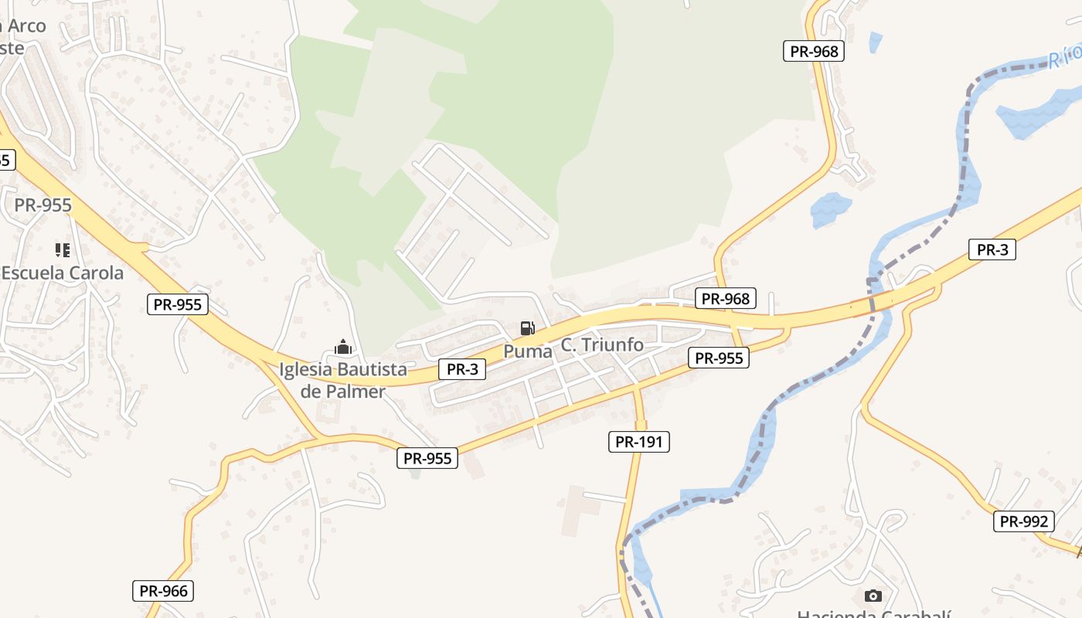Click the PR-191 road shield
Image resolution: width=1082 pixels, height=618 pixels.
[638, 442]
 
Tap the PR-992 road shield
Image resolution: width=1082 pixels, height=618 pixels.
[1024, 521]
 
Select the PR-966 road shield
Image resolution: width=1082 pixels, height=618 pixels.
[162, 592]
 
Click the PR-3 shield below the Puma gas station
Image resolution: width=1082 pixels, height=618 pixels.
[462, 369]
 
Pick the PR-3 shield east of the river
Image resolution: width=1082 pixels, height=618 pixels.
[992, 250]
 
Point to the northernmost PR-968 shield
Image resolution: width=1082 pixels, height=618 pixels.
[814, 52]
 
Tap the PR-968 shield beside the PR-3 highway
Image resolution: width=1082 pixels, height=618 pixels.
[726, 298]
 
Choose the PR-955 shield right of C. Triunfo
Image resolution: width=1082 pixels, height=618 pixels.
[719, 358]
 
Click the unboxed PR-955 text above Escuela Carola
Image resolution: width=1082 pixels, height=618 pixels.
[43, 205]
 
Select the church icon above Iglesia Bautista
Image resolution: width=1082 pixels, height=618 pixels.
[343, 348]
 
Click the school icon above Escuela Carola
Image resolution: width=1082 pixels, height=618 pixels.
[63, 250]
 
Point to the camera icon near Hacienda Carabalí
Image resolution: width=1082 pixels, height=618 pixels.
[873, 596]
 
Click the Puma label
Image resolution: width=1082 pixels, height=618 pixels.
[528, 351]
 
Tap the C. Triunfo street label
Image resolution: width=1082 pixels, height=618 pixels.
[602, 345]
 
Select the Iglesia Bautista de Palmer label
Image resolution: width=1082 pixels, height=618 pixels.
[342, 380]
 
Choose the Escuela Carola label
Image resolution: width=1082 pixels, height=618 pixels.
[63, 273]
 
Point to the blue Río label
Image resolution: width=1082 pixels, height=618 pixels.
[1066, 56]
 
